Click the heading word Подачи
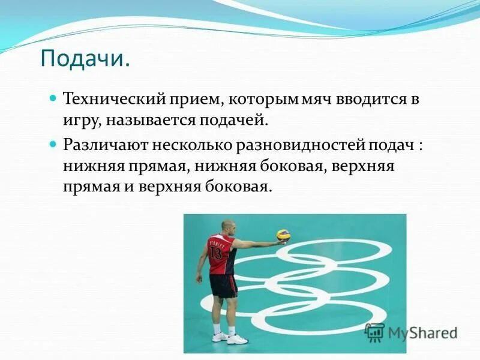pyautogui.click(x=85, y=59)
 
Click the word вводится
pyautogui.click(x=373, y=99)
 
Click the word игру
pyautogui.click(x=82, y=121)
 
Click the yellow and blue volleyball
pyautogui.click(x=283, y=235)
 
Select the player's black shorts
pyautogui.click(x=223, y=286)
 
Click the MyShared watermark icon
pyautogui.click(x=375, y=332)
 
